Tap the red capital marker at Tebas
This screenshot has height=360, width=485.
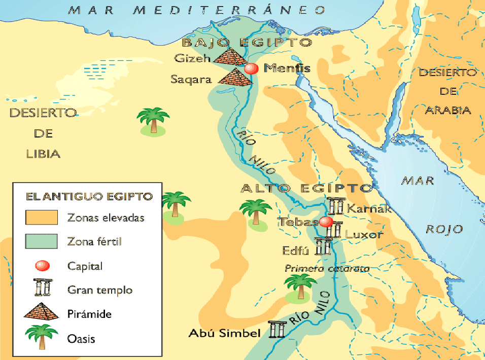(x=326, y=222)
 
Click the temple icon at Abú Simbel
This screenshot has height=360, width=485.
(x=277, y=330)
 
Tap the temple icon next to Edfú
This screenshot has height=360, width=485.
(x=323, y=246)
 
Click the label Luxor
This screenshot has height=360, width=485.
(x=363, y=235)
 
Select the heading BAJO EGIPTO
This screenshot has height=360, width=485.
(x=246, y=42)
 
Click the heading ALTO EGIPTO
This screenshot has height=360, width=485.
(x=306, y=188)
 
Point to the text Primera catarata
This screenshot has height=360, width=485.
(x=327, y=269)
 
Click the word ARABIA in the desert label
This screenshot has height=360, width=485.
(x=448, y=110)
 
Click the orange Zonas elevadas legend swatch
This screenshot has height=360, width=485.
(x=41, y=218)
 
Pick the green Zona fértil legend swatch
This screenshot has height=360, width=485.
(x=41, y=241)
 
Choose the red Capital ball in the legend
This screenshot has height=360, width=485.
(x=41, y=266)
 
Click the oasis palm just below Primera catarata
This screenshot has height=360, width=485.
(x=301, y=287)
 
